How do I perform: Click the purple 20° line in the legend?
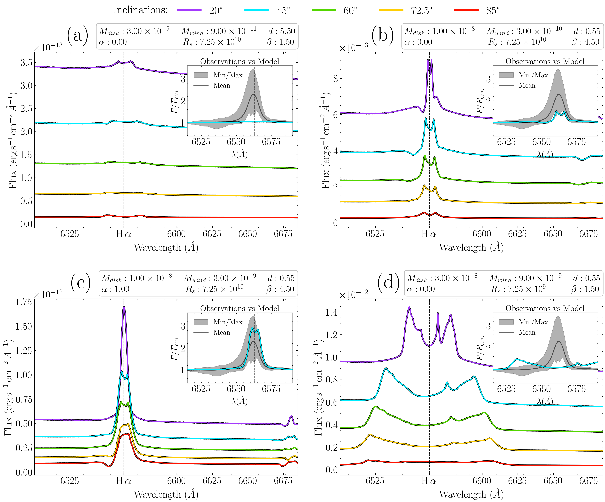(x=189, y=10)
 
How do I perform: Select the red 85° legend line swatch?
(x=466, y=10)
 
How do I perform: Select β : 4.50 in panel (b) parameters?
(x=585, y=42)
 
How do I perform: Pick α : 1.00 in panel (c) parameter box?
(x=115, y=289)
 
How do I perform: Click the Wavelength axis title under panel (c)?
(x=166, y=495)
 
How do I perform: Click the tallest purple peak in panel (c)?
(x=124, y=307)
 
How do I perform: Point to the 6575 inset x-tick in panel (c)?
(x=271, y=389)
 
